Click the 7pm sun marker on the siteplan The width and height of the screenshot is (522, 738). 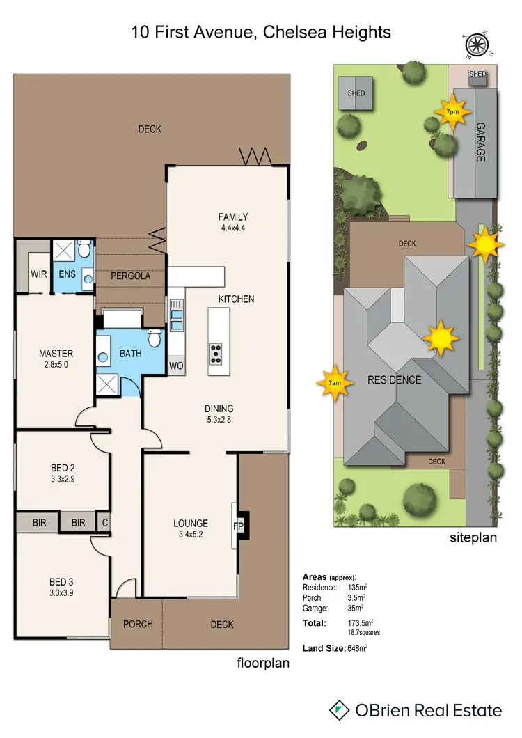point(452,112)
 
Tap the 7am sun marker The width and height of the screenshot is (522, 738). point(334,382)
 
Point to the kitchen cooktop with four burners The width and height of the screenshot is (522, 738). point(216,353)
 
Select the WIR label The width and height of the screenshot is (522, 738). point(39,274)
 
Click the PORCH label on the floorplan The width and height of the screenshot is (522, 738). point(138,624)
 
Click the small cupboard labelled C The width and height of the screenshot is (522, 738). point(104,521)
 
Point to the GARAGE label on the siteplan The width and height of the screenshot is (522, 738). point(480,143)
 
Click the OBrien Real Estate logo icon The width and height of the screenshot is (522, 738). point(339,710)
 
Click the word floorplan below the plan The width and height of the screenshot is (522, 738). point(262,663)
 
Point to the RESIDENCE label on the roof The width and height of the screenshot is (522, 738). point(395,379)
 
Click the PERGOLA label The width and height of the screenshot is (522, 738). point(131,276)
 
